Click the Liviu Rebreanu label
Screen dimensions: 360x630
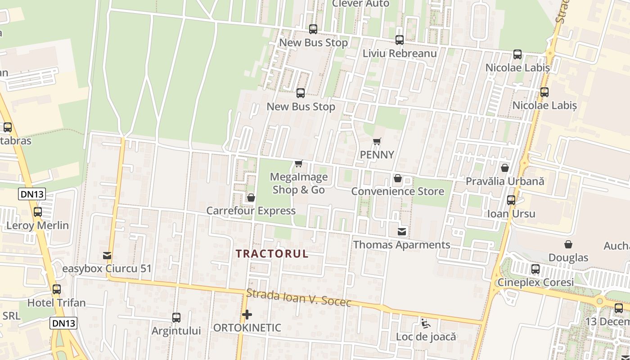pos(400,54)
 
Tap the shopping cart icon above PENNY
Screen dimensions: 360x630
pos(377,142)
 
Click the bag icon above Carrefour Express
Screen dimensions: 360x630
pos(251,198)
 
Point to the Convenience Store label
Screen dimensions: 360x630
pos(397,191)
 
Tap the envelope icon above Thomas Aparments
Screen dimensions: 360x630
pos(402,232)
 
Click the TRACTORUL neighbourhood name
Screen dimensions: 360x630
pos(272,254)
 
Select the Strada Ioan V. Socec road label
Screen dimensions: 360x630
pos(298,298)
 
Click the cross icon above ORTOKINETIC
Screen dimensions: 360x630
pos(247,315)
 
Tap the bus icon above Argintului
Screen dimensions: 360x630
pos(176,318)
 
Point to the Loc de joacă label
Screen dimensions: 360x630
pos(426,337)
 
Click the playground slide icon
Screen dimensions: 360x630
pos(425,323)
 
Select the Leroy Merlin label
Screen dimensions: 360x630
pos(37,225)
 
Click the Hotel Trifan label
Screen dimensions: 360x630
pos(56,303)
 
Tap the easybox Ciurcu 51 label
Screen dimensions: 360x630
pos(107,269)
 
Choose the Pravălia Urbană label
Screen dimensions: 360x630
pos(504,181)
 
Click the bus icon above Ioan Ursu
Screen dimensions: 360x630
pos(511,200)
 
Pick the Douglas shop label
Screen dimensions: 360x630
pos(568,258)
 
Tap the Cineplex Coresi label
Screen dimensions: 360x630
pos(535,283)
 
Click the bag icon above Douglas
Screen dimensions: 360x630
pos(568,244)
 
